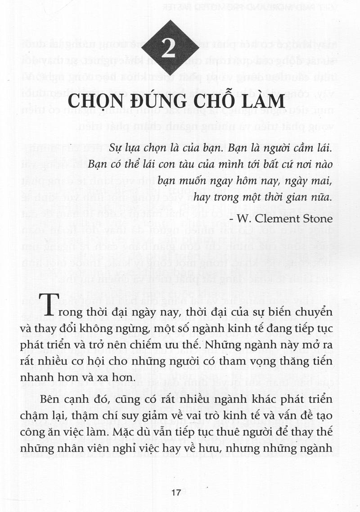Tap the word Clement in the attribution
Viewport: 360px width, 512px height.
[279, 219]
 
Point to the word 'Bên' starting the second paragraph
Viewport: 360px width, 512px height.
[49, 400]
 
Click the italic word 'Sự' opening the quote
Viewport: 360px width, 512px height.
[116, 147]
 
